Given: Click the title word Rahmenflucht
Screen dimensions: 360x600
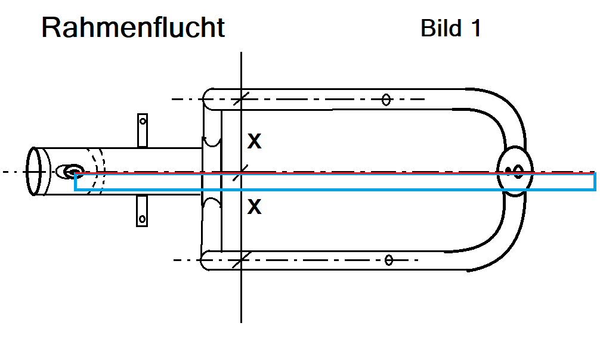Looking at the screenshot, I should [133, 28].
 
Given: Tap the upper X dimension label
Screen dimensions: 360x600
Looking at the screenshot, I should [255, 141].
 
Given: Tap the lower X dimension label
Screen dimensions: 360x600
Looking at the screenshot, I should [255, 207].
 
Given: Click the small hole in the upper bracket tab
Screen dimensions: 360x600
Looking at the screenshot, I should [143, 120].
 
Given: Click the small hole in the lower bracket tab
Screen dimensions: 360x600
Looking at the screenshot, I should [143, 219].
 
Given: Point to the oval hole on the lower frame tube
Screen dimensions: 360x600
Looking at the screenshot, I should [389, 259].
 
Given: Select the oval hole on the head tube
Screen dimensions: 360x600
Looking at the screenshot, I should [70, 172].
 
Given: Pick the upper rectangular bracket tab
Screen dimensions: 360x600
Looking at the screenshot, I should [143, 129].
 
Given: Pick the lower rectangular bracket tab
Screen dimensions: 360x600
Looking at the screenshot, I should [143, 211].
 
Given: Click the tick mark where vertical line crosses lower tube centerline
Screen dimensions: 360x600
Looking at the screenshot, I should [241, 259].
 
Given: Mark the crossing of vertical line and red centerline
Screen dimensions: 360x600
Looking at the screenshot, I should [241, 173].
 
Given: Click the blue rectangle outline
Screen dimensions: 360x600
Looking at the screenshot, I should [334, 190].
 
